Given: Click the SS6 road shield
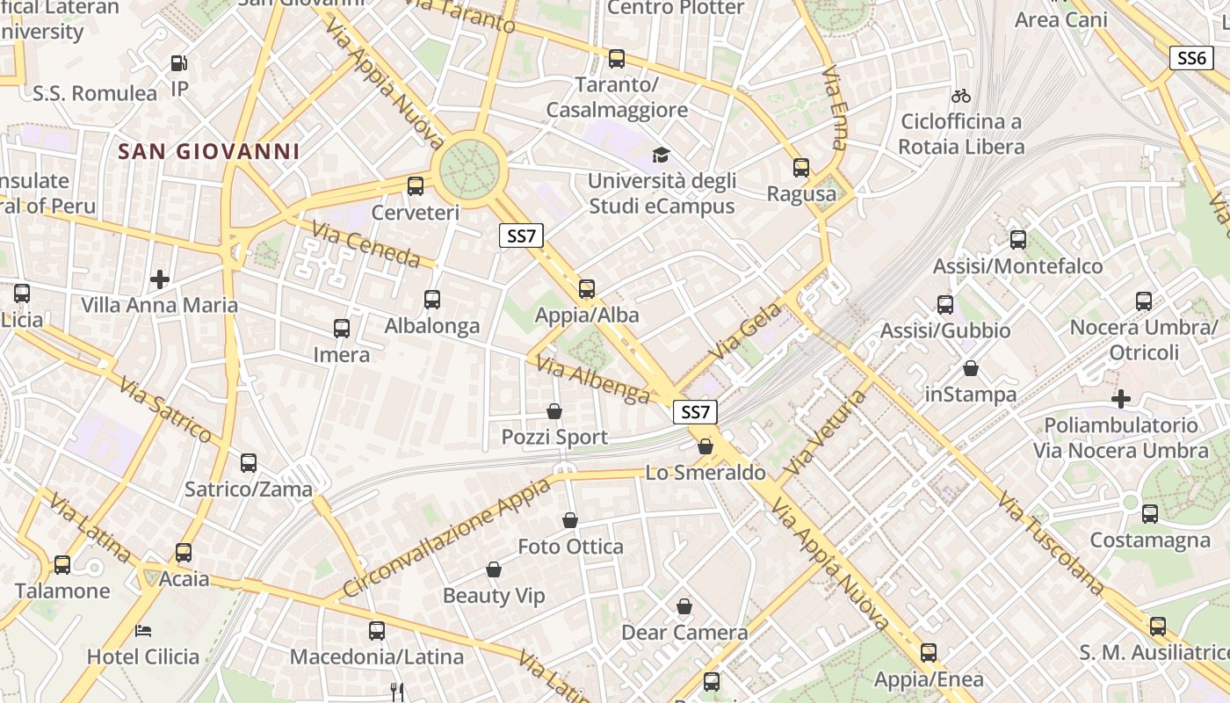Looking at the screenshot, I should click(1191, 58).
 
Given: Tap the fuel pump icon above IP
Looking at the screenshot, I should click(178, 63).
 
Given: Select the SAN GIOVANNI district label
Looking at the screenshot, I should click(209, 151).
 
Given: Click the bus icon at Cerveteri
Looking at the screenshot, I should click(416, 186).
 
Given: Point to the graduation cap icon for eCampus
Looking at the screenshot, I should click(660, 156).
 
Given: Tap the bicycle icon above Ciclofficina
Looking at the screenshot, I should click(961, 95).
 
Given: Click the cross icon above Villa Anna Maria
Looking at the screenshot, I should click(160, 279).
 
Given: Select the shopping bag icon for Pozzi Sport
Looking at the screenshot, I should click(554, 411).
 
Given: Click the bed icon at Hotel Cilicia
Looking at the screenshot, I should click(143, 631).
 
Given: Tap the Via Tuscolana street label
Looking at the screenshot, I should click(1050, 543).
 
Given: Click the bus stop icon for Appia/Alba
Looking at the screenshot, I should click(587, 289).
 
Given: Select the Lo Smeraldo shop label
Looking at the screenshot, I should click(705, 472).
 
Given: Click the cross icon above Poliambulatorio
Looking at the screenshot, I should click(1121, 399).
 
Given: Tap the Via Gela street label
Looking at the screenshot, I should click(735, 331).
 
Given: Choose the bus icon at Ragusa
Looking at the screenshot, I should click(801, 168).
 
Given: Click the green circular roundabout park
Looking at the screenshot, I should click(469, 170).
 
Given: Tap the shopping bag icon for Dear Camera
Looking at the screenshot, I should click(684, 606).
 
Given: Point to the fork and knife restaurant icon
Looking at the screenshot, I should click(396, 692).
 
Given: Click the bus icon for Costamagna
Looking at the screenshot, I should click(1150, 514).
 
